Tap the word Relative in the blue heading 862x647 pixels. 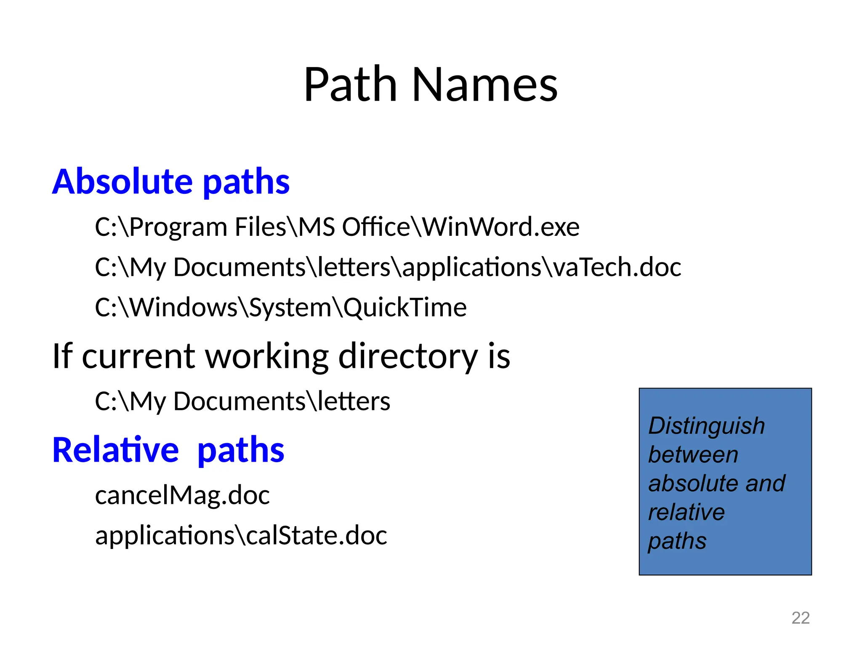click(116, 450)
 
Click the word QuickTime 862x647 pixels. click(405, 307)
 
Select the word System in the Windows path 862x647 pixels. click(290, 307)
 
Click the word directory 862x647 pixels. click(408, 356)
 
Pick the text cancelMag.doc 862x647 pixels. click(182, 495)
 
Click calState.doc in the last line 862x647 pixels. click(317, 535)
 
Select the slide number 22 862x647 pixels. click(800, 618)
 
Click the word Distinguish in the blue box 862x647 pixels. click(706, 425)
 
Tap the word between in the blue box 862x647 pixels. click(693, 455)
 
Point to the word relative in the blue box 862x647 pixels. click(686, 512)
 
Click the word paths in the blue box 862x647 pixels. click(677, 541)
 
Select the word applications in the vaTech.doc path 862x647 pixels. click(472, 267)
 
